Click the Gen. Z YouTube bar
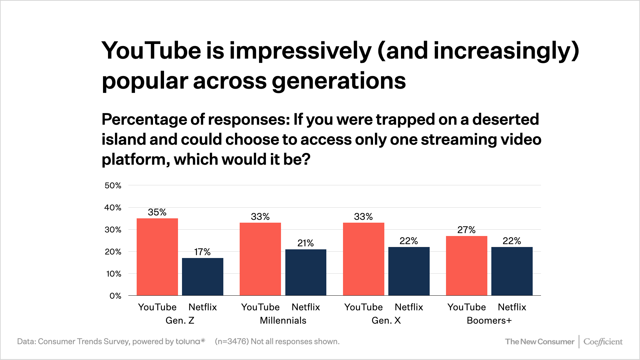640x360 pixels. [x=157, y=257]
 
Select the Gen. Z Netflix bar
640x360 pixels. [x=203, y=277]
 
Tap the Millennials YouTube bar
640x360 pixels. [x=260, y=259]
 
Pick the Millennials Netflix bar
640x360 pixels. [x=306, y=272]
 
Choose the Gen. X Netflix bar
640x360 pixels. [x=409, y=271]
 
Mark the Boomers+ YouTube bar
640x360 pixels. [x=467, y=266]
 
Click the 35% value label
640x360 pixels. [x=157, y=212]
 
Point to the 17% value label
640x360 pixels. [x=202, y=252]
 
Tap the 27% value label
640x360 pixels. [x=466, y=230]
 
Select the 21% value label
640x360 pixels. [x=306, y=243]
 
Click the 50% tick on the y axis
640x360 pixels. [x=113, y=186]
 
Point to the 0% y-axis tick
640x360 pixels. [x=115, y=296]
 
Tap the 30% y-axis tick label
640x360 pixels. [x=113, y=230]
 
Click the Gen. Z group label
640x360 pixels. [x=180, y=321]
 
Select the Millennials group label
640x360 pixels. [x=283, y=321]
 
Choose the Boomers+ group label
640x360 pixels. [x=489, y=321]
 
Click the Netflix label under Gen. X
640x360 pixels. [x=409, y=307]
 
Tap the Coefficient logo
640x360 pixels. [x=603, y=342]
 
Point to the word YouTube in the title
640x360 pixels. [x=151, y=51]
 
